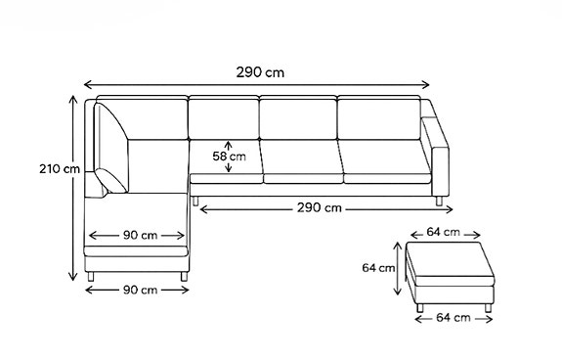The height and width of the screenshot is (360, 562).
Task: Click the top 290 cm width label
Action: point(259,71)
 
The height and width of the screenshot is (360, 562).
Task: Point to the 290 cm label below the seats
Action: point(320,207)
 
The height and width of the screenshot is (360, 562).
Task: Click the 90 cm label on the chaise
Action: point(137,236)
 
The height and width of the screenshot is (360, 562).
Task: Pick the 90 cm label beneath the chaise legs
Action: point(137,290)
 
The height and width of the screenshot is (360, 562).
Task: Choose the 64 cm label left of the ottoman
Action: point(377,266)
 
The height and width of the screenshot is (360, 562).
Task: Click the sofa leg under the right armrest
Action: point(438,201)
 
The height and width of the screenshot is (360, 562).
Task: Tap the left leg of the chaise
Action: point(90,278)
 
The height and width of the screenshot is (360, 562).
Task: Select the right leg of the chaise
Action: point(184,278)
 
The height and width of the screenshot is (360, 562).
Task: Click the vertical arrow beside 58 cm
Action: point(229,156)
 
